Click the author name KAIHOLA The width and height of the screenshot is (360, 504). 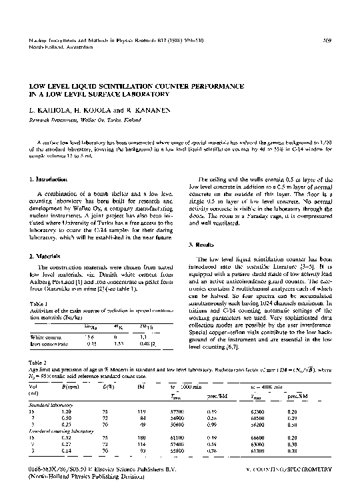tap(47, 108)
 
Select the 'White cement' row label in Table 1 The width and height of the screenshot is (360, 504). tap(47, 339)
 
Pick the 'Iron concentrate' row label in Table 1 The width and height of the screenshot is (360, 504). tap(51, 346)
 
